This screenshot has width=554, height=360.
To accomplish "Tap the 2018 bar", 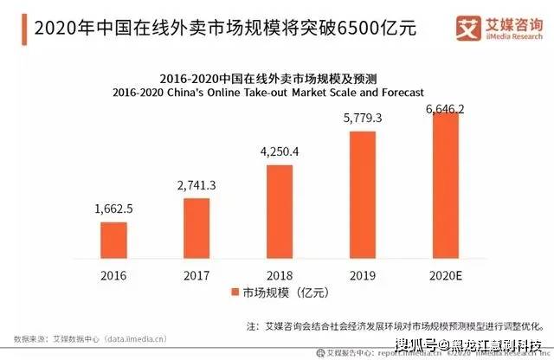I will coord(280,212).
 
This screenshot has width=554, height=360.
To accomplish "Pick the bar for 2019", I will coord(363,196).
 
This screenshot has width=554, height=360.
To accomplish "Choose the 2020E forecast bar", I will coord(446,186).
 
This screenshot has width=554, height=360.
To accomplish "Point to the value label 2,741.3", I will coord(196,185).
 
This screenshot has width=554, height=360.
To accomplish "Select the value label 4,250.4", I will coord(280,152).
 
